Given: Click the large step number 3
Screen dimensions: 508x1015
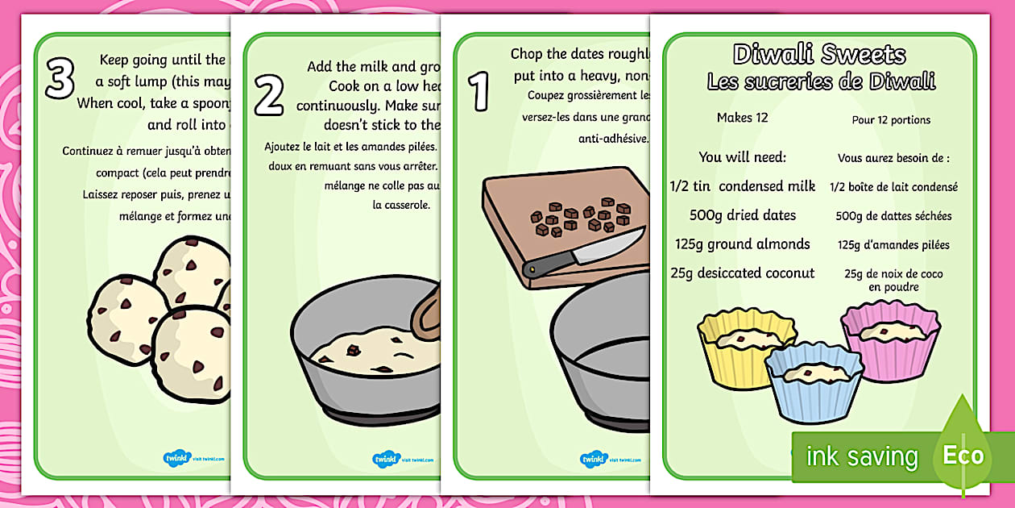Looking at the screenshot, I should pyautogui.click(x=60, y=78).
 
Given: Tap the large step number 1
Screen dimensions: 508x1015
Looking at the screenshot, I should pyautogui.click(x=479, y=90).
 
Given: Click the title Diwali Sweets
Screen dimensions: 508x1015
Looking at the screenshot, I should pyautogui.click(x=819, y=55).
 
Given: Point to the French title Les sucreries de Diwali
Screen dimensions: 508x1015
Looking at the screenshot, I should pyautogui.click(x=821, y=81).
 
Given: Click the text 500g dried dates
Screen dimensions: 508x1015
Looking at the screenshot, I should pyautogui.click(x=743, y=215).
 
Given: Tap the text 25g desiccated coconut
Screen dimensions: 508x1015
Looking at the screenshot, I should pyautogui.click(x=743, y=273).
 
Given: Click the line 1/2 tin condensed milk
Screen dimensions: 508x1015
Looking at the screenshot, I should pyautogui.click(x=743, y=186).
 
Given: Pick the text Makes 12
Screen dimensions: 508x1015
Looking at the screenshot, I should pyautogui.click(x=742, y=118).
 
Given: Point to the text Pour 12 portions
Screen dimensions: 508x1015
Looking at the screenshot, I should pyautogui.click(x=891, y=120).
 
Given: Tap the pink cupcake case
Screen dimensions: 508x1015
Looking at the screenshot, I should pyautogui.click(x=890, y=339).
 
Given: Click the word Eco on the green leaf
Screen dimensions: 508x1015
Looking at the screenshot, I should pyautogui.click(x=963, y=456).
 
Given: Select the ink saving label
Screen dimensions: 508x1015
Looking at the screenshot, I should pyautogui.click(x=862, y=457).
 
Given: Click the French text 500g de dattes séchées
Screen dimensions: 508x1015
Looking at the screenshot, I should pyautogui.click(x=894, y=216).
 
